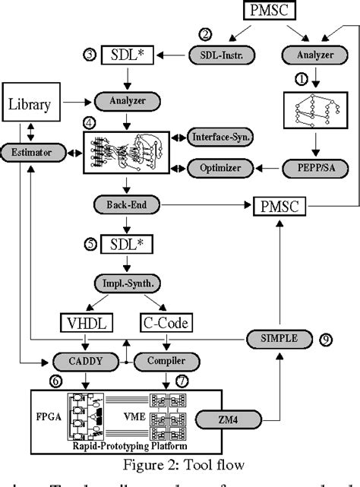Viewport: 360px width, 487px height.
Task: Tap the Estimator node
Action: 29,153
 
